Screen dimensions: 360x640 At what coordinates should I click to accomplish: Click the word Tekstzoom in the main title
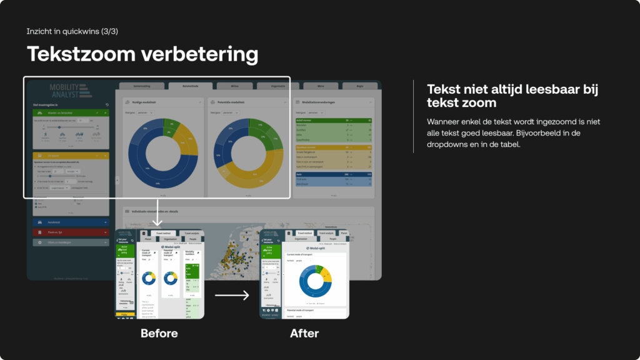[80, 54]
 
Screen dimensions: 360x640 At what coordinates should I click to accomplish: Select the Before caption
[159, 334]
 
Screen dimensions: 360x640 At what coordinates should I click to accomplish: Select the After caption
[304, 334]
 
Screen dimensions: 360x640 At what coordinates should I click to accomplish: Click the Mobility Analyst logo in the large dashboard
[70, 90]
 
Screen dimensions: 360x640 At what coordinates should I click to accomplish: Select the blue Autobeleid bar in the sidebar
[70, 221]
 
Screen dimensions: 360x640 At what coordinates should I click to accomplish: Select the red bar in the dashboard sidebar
[70, 232]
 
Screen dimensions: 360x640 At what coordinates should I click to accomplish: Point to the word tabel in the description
[509, 144]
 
